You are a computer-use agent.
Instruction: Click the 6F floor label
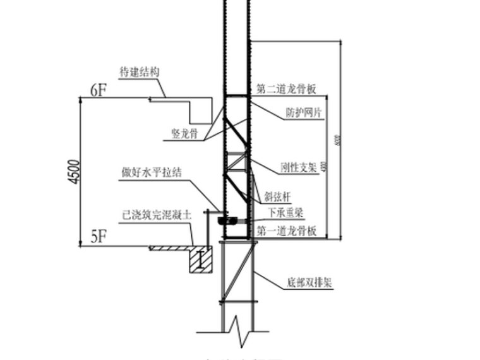click(x=99, y=90)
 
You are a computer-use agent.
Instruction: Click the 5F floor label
click(x=99, y=237)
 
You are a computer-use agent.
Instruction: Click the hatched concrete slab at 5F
click(x=171, y=248)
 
